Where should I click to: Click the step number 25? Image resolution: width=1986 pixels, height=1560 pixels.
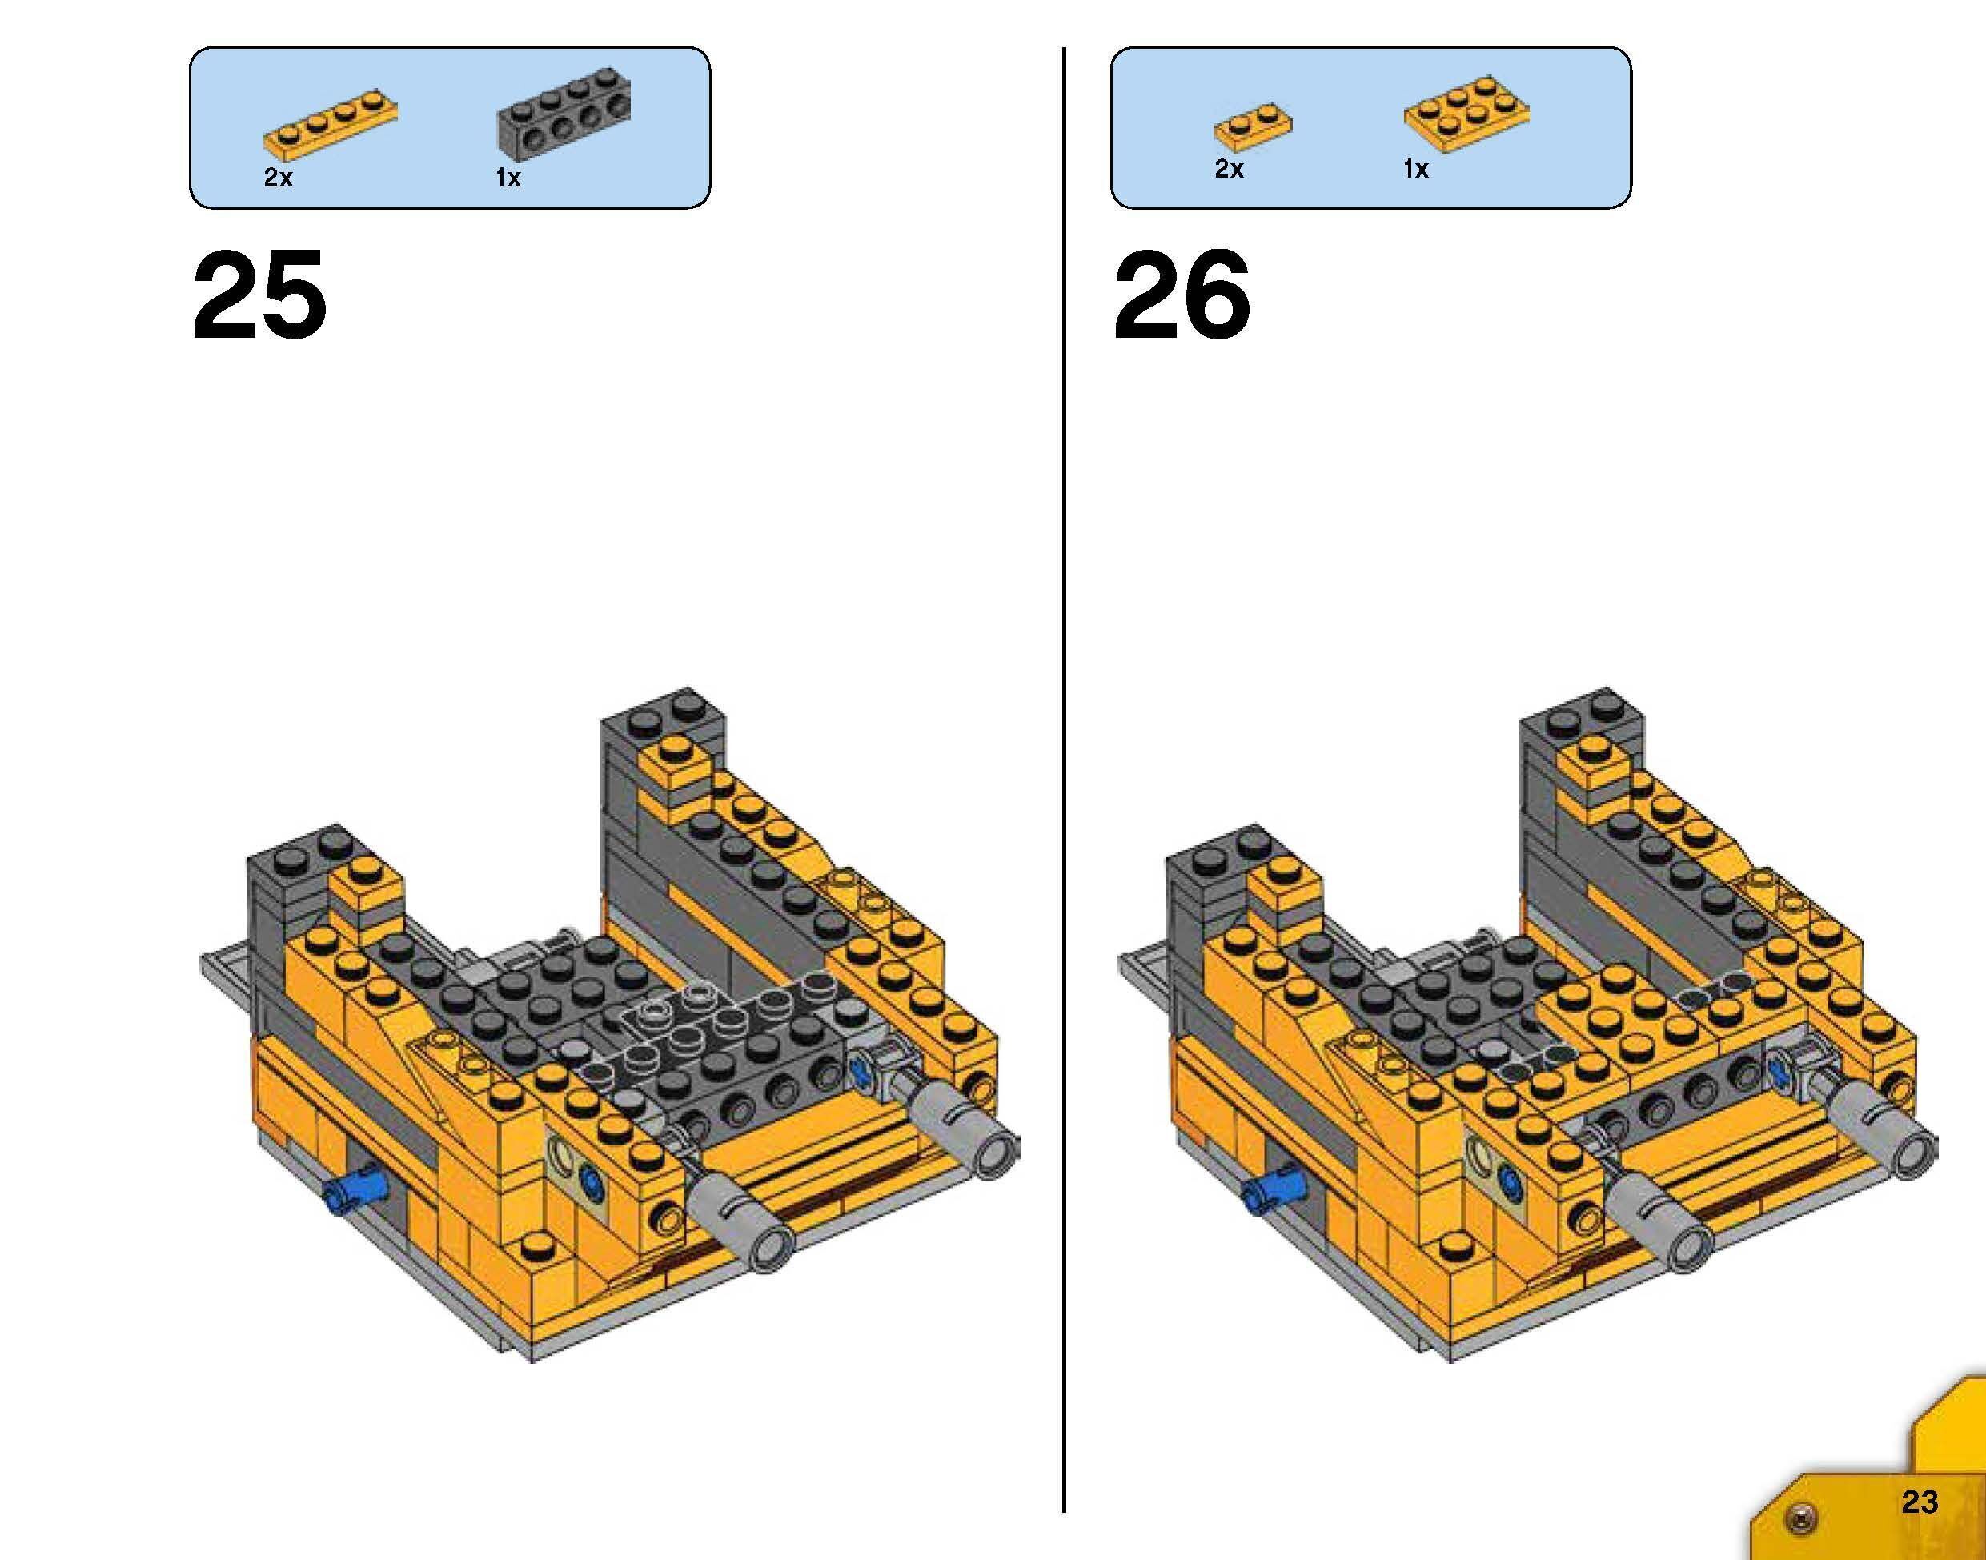click(259, 295)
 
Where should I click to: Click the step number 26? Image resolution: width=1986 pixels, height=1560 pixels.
click(1182, 295)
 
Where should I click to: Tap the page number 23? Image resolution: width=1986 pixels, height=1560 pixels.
click(1920, 1502)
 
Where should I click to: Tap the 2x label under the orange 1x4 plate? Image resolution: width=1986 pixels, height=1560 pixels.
click(279, 178)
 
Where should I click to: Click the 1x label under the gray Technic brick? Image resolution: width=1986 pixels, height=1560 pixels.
click(508, 178)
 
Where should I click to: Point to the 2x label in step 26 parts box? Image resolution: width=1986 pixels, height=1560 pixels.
click(1229, 169)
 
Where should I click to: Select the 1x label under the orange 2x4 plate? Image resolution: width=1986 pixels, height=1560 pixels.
click(1415, 169)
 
